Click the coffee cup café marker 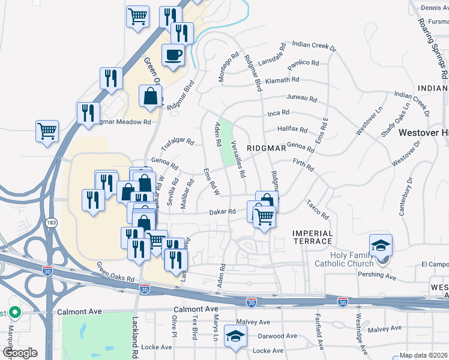(x=173, y=55)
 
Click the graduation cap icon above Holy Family (x=381, y=246)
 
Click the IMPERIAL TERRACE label (x=312, y=236)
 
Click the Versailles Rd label (x=238, y=159)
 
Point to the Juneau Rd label (x=301, y=97)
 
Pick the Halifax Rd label (x=292, y=130)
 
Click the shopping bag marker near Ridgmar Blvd (x=150, y=96)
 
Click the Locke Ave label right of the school (x=268, y=350)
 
